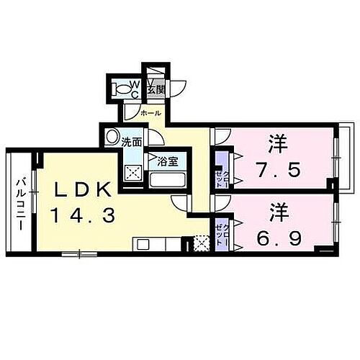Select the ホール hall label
pos(150,113)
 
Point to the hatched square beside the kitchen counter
pos(201,244)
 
